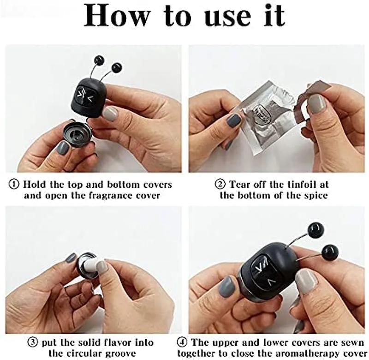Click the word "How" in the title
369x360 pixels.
tap(117, 16)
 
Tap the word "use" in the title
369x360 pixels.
tap(229, 18)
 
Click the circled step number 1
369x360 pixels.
tap(14, 184)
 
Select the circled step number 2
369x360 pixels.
tap(220, 184)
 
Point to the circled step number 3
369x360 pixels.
tap(33, 342)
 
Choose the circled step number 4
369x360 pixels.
tap(182, 342)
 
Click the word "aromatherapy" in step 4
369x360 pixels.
tap(309, 354)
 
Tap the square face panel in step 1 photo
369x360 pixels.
tap(84, 96)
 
